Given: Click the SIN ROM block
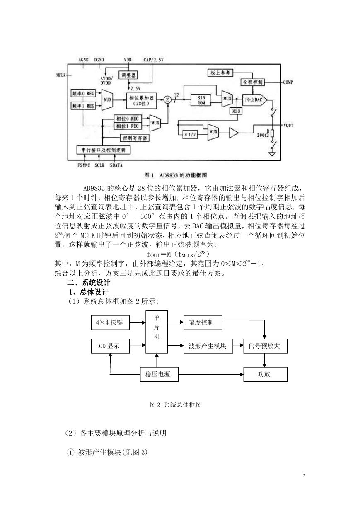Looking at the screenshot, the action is click(x=201, y=100).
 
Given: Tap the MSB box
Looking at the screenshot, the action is click(x=236, y=111).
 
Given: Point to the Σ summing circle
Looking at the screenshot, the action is click(x=168, y=100).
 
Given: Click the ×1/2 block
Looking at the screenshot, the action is click(x=190, y=135).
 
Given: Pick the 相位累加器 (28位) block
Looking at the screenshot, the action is click(x=142, y=100).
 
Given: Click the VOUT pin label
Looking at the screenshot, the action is click(x=288, y=125).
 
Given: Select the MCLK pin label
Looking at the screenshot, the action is click(x=61, y=75).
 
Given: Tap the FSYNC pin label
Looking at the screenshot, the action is click(x=84, y=165).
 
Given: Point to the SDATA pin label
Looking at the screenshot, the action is click(x=116, y=165).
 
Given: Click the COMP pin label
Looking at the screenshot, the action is click(x=288, y=82).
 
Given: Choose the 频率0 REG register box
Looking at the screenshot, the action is click(x=83, y=93).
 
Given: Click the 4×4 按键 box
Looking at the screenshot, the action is click(x=110, y=322).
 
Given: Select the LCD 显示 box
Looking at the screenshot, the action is click(x=110, y=346).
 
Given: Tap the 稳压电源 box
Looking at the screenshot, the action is click(x=159, y=374).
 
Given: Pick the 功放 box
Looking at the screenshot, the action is click(x=265, y=374).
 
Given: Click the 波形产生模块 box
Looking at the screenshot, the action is click(x=208, y=346).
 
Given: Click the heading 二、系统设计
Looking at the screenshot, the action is click(x=89, y=283).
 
